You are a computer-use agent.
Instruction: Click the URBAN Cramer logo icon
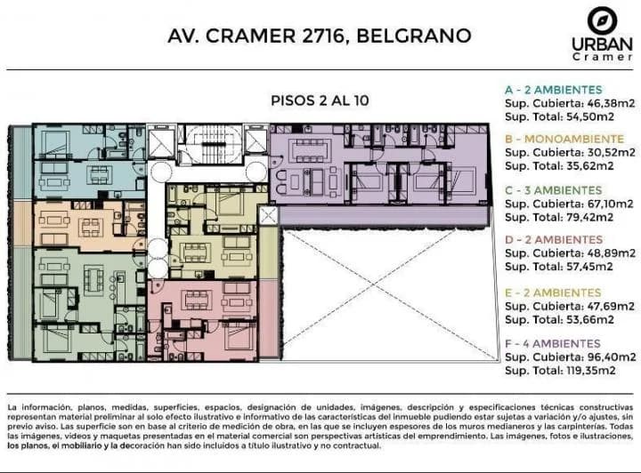[601, 20]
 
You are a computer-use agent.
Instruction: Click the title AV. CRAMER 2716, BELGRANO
[320, 36]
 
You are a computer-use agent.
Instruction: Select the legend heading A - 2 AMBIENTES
[553, 90]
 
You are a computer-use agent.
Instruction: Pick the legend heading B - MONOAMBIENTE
[564, 140]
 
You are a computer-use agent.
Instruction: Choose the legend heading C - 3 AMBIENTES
[553, 190]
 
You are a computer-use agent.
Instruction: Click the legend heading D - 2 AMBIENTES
[553, 240]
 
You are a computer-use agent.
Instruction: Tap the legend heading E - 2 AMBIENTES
[553, 292]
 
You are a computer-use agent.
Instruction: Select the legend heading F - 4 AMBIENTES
[552, 343]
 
